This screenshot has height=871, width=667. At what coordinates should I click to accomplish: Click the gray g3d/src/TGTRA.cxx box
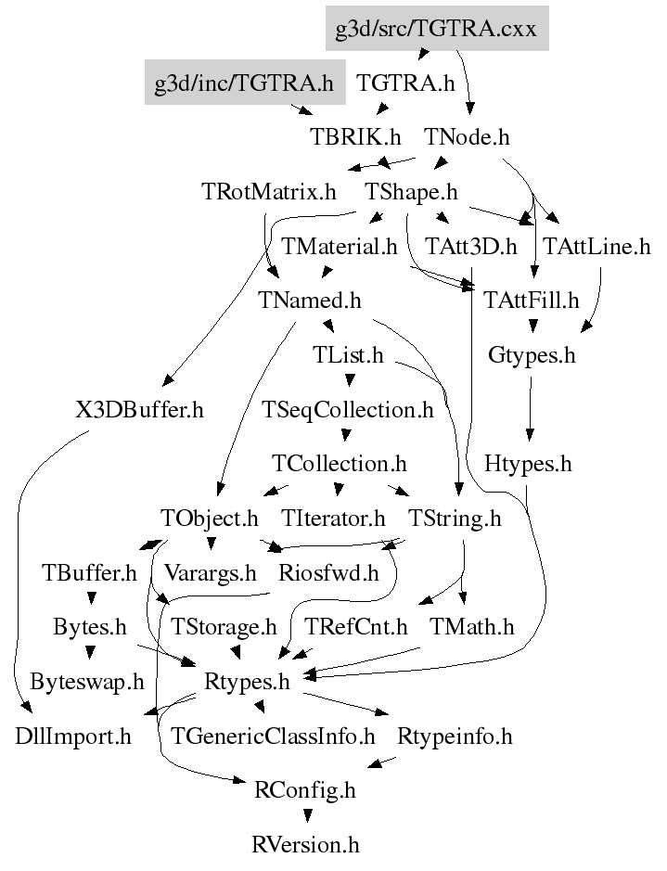click(x=437, y=29)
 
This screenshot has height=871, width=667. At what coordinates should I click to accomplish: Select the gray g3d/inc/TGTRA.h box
click(x=245, y=83)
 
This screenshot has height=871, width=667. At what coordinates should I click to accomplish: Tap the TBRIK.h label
click(x=355, y=136)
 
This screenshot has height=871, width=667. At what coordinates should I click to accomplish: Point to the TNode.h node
click(x=467, y=136)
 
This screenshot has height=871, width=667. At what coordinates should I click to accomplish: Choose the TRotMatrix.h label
click(x=269, y=192)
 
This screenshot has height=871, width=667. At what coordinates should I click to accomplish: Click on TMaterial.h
click(x=340, y=246)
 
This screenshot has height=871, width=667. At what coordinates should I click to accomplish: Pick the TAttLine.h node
click(x=596, y=246)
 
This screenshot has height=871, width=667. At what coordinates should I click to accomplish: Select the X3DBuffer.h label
click(x=139, y=410)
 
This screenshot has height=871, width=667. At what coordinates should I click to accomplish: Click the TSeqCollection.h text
click(x=348, y=410)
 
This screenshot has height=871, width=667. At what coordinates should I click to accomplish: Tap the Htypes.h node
click(x=528, y=464)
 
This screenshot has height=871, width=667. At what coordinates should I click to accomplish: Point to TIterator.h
click(x=333, y=519)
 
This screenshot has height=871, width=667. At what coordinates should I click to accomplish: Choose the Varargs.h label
click(x=211, y=572)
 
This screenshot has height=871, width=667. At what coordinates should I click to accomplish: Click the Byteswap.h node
click(x=87, y=682)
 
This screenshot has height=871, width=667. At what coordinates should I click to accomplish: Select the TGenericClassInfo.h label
click(x=273, y=737)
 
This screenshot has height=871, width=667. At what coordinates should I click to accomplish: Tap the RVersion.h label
click(x=305, y=845)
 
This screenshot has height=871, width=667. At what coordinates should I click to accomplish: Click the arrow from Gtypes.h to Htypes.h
click(x=530, y=408)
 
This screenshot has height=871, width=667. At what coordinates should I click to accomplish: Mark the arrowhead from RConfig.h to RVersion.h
click(x=308, y=816)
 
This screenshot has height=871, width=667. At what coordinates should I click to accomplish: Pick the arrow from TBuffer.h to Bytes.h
click(x=92, y=599)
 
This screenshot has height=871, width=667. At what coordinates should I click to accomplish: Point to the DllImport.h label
click(x=73, y=737)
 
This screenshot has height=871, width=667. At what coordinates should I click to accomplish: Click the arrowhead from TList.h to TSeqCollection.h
click(x=350, y=380)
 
